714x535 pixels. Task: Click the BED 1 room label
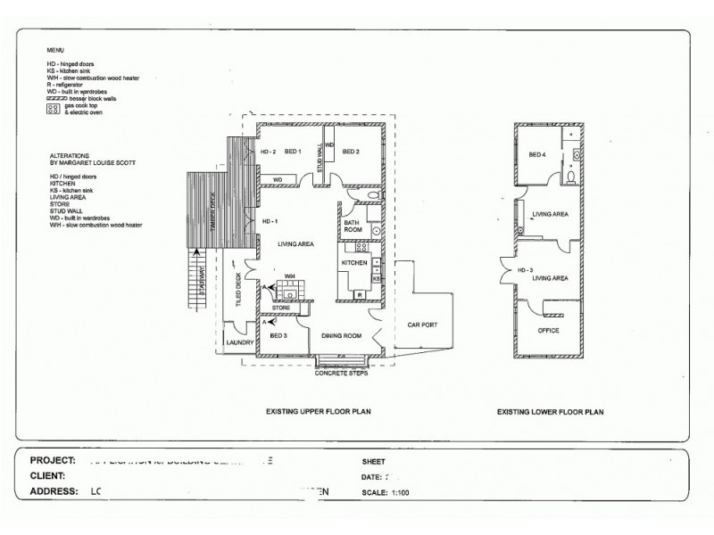pyautogui.click(x=294, y=152)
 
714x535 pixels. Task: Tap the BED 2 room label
pyautogui.click(x=350, y=152)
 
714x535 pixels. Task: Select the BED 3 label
pyautogui.click(x=278, y=336)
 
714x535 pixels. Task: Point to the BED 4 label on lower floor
pyautogui.click(x=536, y=155)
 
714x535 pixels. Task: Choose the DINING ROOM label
pyautogui.click(x=341, y=336)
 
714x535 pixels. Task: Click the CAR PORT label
pyautogui.click(x=420, y=325)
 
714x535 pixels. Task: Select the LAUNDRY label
pyautogui.click(x=241, y=342)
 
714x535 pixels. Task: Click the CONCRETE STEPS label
pyautogui.click(x=341, y=373)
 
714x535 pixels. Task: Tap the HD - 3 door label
pyautogui.click(x=525, y=269)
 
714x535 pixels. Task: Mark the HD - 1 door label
pyautogui.click(x=270, y=220)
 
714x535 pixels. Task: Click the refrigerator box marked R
pyautogui.click(x=358, y=294)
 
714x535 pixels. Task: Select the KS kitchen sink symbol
pyautogui.click(x=376, y=279)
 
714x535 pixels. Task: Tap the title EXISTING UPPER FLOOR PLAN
pyautogui.click(x=319, y=413)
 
